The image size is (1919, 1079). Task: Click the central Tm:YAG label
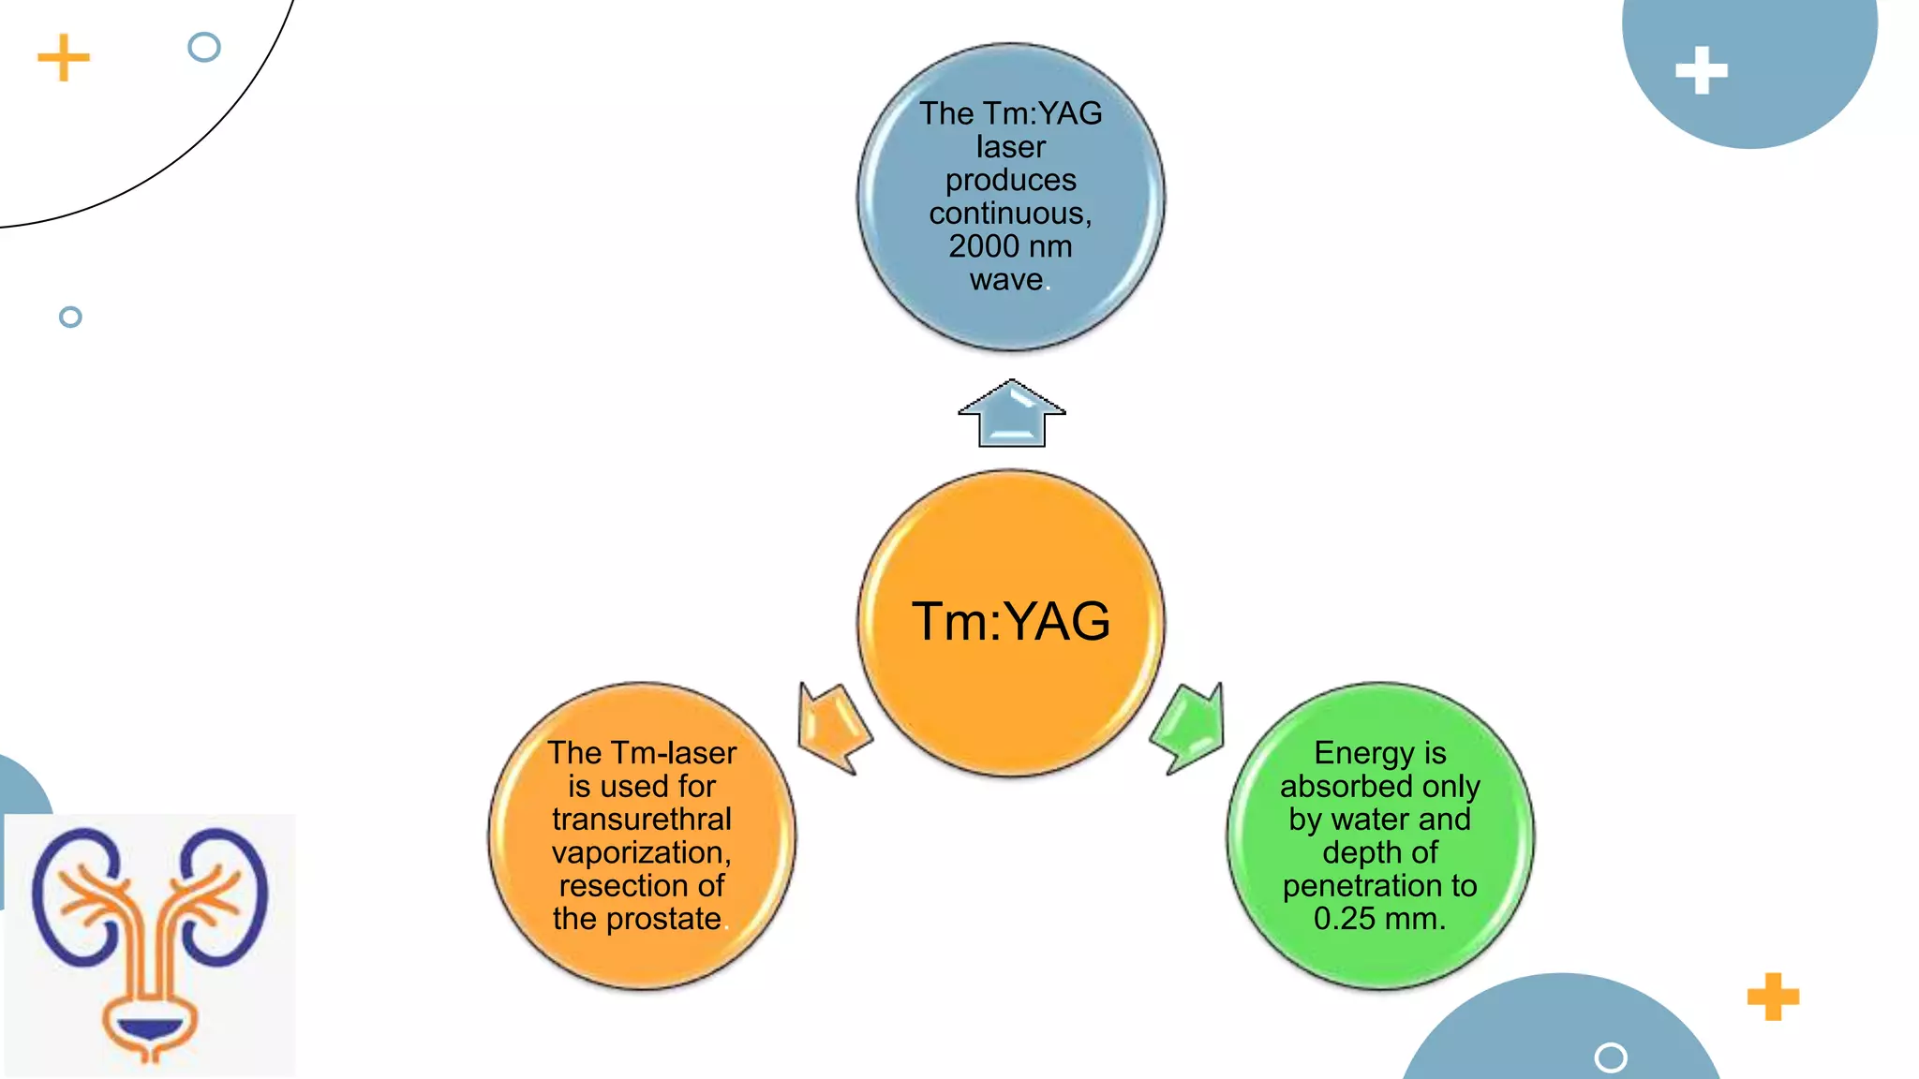tap(1010, 622)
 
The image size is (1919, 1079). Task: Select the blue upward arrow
tap(1011, 414)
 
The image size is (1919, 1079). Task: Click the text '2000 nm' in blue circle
tap(1010, 246)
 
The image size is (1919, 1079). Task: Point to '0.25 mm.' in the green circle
tap(1379, 919)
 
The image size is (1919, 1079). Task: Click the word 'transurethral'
tap(642, 820)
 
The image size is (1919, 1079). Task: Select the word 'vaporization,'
tap(642, 852)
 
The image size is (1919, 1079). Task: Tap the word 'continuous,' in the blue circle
tap(1010, 214)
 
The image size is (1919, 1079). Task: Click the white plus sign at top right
tap(1701, 70)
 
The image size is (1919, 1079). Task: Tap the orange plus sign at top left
tap(64, 58)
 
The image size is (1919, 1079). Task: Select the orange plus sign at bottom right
tap(1773, 997)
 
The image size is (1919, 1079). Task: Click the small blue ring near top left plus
tap(203, 47)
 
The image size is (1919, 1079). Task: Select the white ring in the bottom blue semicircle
tap(1610, 1057)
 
